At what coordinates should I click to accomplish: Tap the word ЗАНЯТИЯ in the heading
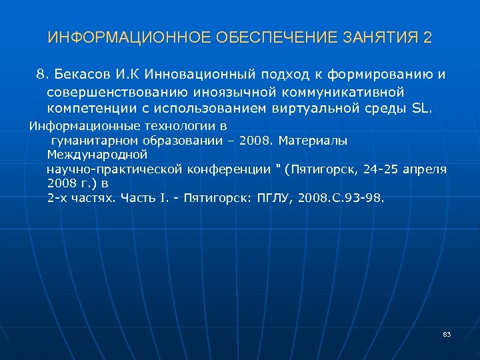click(x=379, y=37)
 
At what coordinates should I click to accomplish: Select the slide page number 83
click(x=447, y=333)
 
